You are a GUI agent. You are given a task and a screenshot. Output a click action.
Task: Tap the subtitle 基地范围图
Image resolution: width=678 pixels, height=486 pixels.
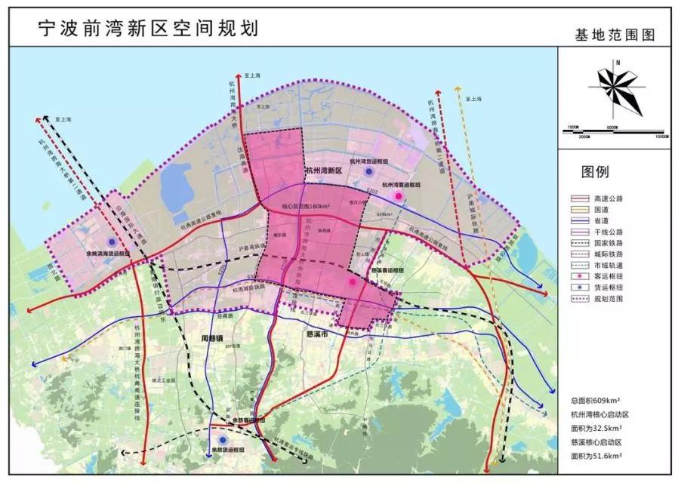coord(614,35)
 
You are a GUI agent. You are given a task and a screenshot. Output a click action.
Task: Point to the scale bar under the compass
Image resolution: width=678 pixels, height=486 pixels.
coord(616,131)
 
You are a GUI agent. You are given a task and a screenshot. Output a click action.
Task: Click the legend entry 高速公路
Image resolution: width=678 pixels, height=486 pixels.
coord(609,198)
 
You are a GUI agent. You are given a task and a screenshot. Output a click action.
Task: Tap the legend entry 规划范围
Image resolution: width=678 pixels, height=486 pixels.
coord(609,298)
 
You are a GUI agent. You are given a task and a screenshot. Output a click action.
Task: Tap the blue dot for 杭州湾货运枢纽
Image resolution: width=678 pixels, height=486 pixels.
coord(368,172)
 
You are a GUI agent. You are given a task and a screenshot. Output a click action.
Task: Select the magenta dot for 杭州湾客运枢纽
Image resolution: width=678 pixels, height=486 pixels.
coord(399,196)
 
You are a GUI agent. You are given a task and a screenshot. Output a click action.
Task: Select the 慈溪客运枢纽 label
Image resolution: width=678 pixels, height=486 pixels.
coord(388,269)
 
